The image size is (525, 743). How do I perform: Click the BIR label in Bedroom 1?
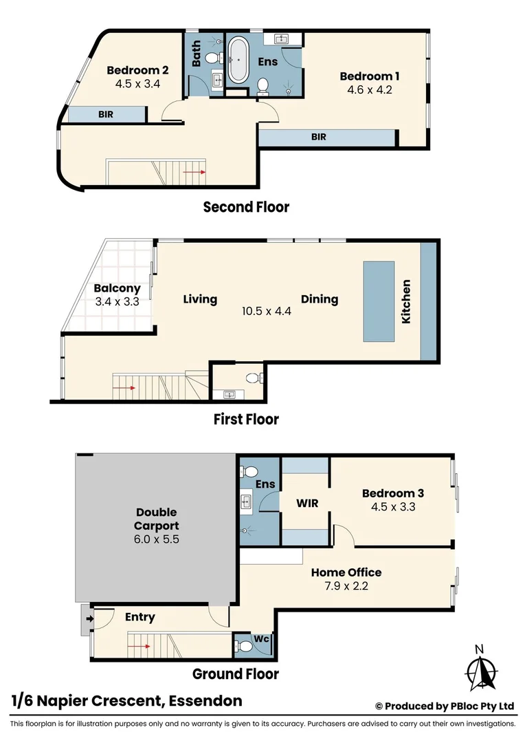pos(318,137)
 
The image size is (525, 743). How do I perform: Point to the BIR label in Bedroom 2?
pos(106,114)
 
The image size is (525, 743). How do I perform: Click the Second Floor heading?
pos(246,206)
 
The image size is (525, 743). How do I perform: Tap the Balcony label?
pos(117,289)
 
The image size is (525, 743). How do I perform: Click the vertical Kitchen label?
pos(406,301)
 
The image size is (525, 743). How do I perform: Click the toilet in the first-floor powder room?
pos(252,378)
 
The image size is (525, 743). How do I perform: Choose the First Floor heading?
pos(245,419)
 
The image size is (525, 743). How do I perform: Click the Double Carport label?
pos(156,519)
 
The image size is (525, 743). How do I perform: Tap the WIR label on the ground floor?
pos(306,503)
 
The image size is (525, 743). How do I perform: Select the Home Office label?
pos(346,572)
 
